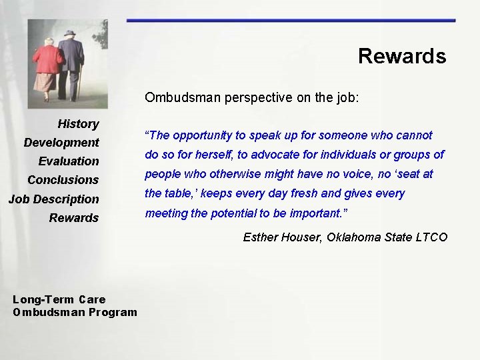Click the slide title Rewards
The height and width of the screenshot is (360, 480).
401,56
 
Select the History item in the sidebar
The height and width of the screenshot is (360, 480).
78,124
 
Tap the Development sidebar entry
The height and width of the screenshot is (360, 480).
61,143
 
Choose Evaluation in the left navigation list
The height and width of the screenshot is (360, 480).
69,161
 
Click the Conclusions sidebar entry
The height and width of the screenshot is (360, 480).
63,180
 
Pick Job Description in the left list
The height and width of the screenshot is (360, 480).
53,199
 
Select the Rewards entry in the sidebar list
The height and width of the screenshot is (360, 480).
74,218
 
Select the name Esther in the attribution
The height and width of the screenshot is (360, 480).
261,237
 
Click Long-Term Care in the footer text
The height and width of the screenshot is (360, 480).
59,299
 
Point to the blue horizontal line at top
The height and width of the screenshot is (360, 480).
291,21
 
